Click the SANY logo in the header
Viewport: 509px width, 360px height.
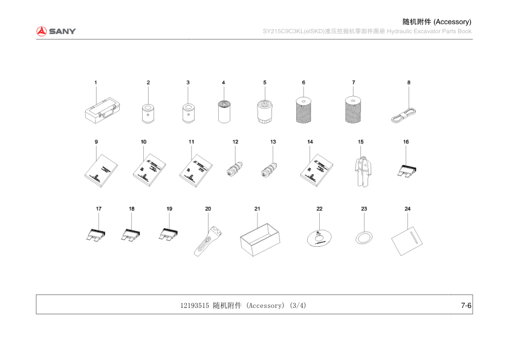click(56, 31)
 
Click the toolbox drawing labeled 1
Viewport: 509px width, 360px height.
click(103, 111)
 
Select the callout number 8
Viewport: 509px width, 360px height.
click(409, 82)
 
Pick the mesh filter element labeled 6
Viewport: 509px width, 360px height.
click(304, 109)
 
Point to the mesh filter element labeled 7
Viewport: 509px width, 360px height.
click(353, 109)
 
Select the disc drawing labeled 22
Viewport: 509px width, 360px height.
click(320, 237)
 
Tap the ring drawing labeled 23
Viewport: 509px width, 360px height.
click(363, 237)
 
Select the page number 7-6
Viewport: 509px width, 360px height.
click(465, 306)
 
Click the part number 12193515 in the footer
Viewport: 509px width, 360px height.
click(195, 306)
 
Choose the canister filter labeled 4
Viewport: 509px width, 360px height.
click(224, 111)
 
